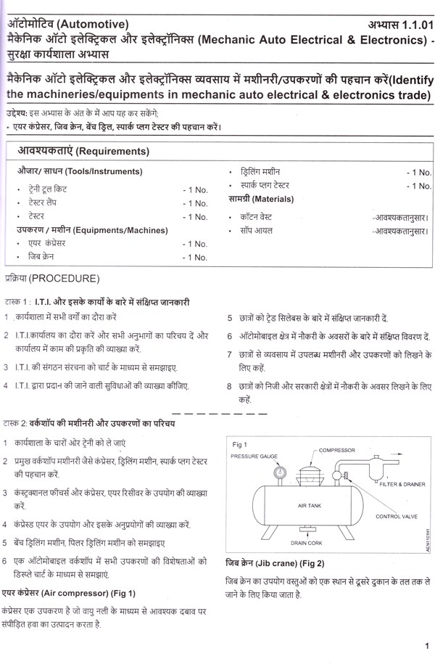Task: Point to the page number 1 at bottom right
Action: coord(426,645)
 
